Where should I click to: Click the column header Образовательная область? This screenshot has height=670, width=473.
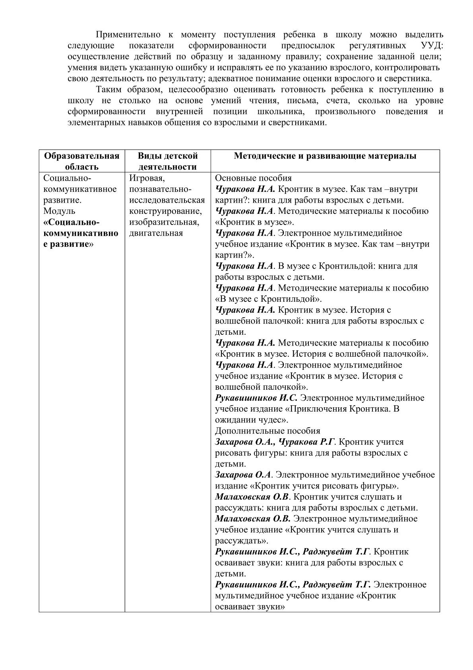[x=82, y=161]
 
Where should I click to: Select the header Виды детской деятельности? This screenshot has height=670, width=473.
[x=167, y=161]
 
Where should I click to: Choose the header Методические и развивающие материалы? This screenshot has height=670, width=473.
[x=325, y=156]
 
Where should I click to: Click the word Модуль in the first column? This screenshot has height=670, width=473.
[x=59, y=211]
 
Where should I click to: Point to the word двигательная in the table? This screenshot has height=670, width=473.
[x=156, y=233]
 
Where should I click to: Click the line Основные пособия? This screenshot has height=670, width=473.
[x=253, y=178]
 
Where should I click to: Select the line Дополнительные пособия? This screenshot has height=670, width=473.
[x=267, y=431]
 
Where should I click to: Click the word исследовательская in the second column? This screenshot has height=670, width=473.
[x=167, y=200]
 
